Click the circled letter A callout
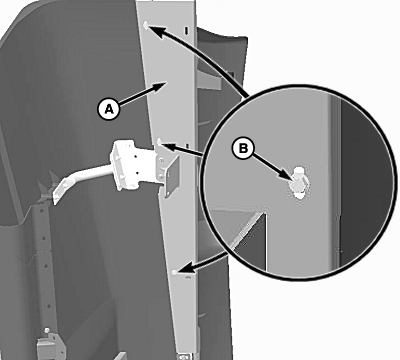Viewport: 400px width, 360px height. pos(109,109)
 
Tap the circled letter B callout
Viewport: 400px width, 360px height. pos(243,148)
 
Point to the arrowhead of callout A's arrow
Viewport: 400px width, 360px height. pos(160,86)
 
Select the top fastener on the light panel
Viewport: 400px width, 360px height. pos(146,25)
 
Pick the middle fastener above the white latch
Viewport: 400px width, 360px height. pos(160,142)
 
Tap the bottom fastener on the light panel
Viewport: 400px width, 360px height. pos(174,272)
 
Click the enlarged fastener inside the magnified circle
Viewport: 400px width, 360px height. pos(299,183)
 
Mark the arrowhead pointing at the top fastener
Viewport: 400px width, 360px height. pos(157,32)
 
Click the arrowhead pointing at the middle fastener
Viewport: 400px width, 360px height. pos(169,147)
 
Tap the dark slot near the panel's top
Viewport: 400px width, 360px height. pos(186,30)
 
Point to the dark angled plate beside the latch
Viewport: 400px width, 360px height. pos(172,177)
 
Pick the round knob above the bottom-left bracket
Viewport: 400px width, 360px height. pos(47,330)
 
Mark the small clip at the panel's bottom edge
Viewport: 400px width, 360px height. pos(183,356)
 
